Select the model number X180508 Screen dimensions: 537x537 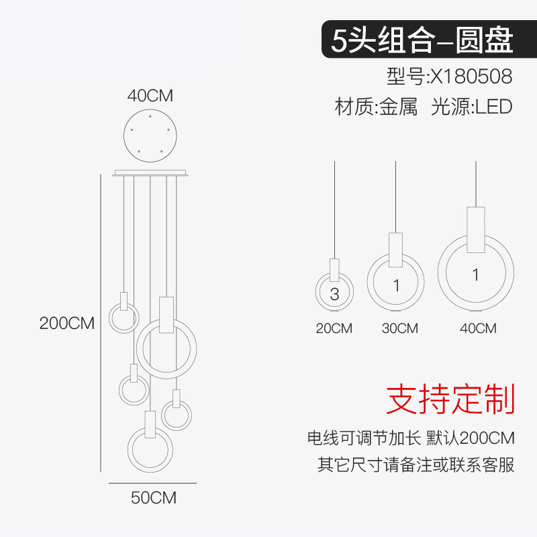coord(450,76)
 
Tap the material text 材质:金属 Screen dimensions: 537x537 coord(376,107)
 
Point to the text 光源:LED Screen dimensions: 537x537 coord(471,107)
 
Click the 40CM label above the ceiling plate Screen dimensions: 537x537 coord(150,96)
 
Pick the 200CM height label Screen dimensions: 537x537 coord(67,323)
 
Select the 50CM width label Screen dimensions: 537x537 coord(153,498)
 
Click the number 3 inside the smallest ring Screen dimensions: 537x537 coord(334,294)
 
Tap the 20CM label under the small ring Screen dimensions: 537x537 coord(334,328)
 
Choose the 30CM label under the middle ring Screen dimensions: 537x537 coord(399,328)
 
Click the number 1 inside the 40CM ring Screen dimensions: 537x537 coord(475,275)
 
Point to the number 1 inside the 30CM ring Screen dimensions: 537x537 coord(396,286)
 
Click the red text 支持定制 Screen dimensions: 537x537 coord(450,399)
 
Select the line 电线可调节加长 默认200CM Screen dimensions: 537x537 coord(411,439)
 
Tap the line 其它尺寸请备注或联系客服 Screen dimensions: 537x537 coord(416,465)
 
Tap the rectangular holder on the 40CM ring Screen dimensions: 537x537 coord(476,230)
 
